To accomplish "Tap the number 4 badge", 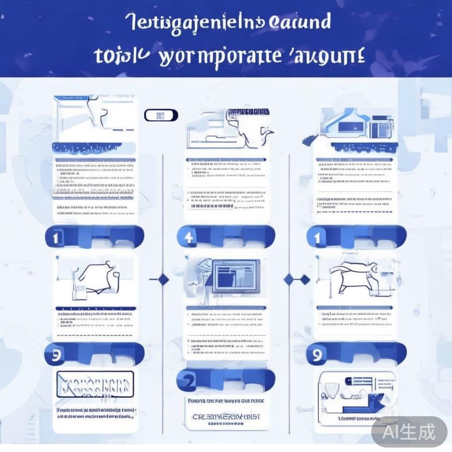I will (x=188, y=237).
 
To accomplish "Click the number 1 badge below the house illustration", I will (x=316, y=237).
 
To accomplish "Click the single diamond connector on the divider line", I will (x=163, y=279).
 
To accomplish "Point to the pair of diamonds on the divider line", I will (x=297, y=279).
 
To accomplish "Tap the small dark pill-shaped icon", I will (x=161, y=116).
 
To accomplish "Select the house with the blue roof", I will (x=344, y=126).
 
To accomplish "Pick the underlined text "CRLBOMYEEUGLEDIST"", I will (x=226, y=417).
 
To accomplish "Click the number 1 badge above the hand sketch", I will (x=56, y=238).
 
